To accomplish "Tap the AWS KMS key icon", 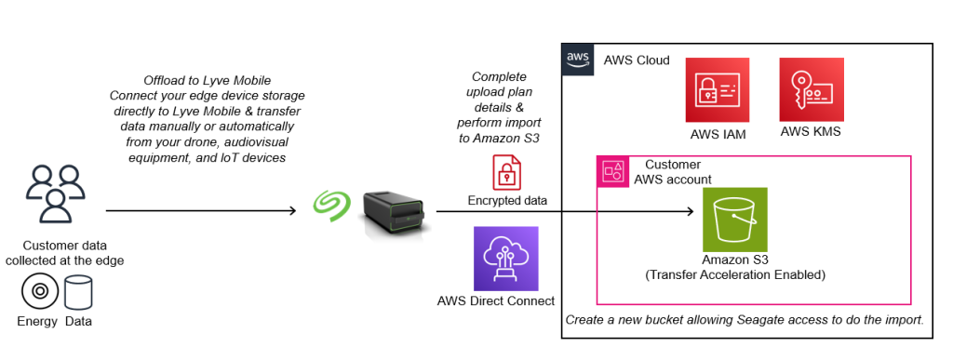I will tap(811, 89).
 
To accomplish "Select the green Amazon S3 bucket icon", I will tap(735, 218).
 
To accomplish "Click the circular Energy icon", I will tap(39, 293).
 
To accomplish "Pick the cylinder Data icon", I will tap(78, 293).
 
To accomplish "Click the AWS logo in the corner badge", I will tap(577, 59).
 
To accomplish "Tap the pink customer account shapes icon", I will tap(613, 170).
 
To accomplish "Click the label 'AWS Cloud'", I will tap(637, 60).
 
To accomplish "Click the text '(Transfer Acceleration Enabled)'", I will tap(735, 275).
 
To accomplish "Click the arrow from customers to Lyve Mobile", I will tap(205, 210).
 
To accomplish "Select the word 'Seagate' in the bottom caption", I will tap(759, 319).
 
